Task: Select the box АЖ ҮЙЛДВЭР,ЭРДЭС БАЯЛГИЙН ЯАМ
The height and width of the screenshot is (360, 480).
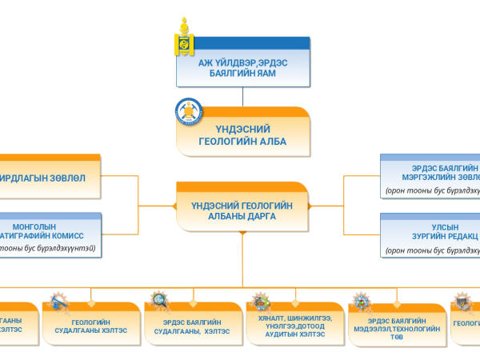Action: (242, 63)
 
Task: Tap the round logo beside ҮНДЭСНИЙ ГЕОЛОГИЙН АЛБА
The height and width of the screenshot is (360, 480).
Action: (190, 114)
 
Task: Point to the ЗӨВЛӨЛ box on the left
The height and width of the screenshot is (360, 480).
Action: (50, 177)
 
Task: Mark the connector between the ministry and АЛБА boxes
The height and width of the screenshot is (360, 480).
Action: (242, 96)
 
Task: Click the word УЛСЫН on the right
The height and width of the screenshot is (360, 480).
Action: (445, 226)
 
